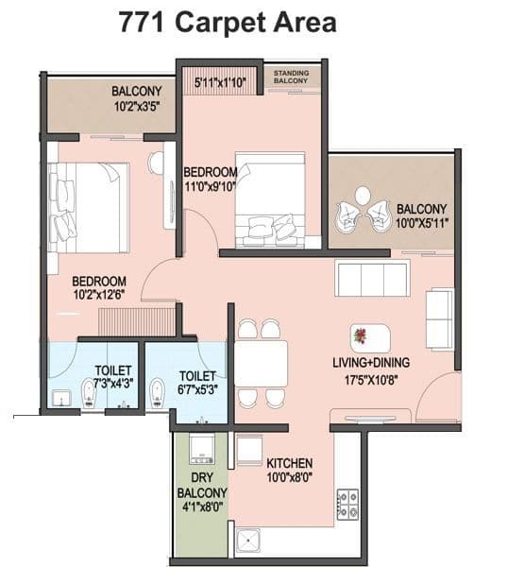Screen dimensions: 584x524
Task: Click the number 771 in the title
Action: pos(144,23)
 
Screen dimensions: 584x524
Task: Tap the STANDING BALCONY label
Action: pos(292,77)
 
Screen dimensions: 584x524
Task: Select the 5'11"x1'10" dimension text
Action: pos(220,83)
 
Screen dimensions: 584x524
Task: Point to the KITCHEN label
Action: pos(290,463)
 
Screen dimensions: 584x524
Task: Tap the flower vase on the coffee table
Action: pos(359,335)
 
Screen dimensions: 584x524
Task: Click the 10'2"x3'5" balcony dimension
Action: pos(136,107)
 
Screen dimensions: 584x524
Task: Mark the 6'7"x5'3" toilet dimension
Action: pos(198,388)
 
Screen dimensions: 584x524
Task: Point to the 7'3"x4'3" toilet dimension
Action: pos(113,384)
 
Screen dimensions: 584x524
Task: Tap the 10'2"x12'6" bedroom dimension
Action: pos(99,296)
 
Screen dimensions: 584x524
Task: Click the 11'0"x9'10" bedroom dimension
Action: pos(211,186)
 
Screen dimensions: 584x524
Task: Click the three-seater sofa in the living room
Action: pos(372,279)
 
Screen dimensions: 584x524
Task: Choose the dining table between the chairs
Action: pos(261,363)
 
